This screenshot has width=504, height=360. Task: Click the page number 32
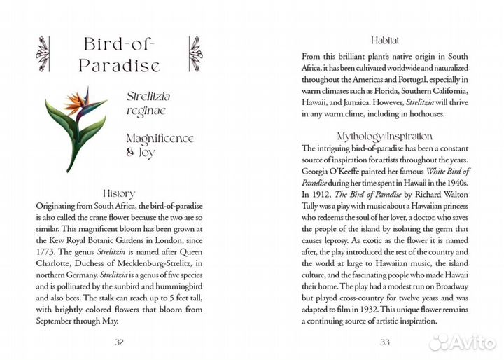point(119,342)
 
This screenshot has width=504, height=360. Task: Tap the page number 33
point(384,342)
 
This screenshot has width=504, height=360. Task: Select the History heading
point(119,193)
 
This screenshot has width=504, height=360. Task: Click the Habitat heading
point(384,41)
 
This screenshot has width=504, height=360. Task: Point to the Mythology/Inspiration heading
point(384,136)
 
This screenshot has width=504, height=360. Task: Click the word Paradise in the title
point(119,66)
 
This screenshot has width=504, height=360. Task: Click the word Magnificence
point(159,138)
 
